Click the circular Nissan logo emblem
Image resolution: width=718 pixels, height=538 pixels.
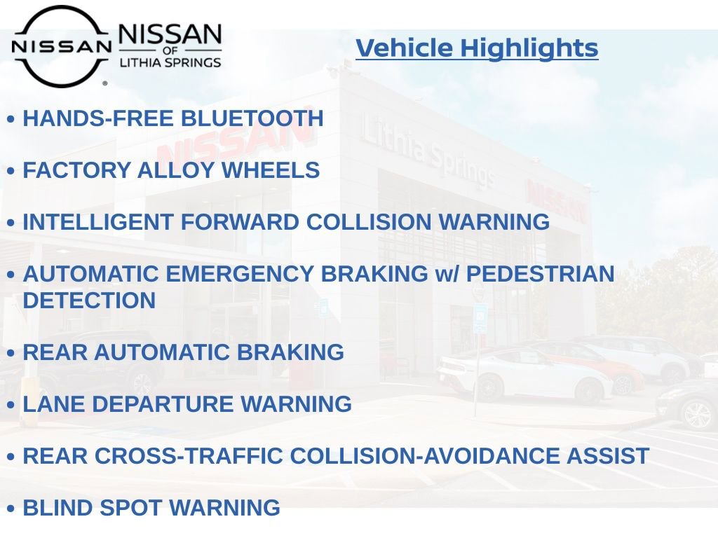click(x=61, y=46)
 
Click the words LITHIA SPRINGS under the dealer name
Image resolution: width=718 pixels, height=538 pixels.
click(x=170, y=62)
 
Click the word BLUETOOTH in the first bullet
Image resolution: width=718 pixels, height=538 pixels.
click(x=252, y=118)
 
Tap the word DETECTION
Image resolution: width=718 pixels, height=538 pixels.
click(x=89, y=301)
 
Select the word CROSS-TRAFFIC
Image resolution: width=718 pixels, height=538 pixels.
click(x=189, y=456)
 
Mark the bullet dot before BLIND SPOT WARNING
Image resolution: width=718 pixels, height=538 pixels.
click(x=11, y=509)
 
